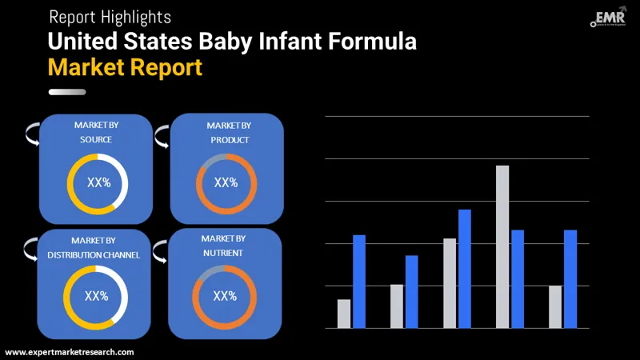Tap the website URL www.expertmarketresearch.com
pyautogui.click(x=70, y=352)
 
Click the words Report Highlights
pyautogui.click(x=110, y=16)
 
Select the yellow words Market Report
pyautogui.click(x=125, y=66)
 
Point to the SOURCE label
pyautogui.click(x=96, y=140)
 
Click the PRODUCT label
pyautogui.click(x=229, y=140)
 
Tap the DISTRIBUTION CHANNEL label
pyautogui.click(x=94, y=255)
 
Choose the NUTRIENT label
pyautogui.click(x=223, y=253)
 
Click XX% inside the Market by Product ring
pyautogui.click(x=226, y=182)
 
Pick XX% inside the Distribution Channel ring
pyautogui.click(x=96, y=296)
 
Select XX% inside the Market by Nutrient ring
pyautogui.click(x=225, y=296)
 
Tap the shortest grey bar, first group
pyautogui.click(x=344, y=314)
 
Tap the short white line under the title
pyautogui.click(x=67, y=92)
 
